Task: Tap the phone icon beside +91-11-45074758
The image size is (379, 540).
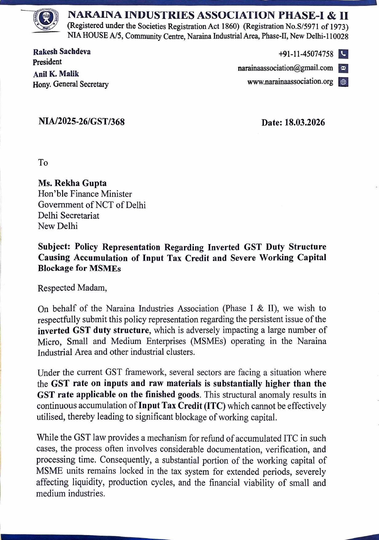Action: [343, 54]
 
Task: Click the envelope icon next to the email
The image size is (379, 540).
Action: [343, 68]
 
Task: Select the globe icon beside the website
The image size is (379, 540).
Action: [343, 82]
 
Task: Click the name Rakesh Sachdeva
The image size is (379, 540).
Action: [62, 51]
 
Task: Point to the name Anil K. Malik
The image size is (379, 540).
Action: [56, 74]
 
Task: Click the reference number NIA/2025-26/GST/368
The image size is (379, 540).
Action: [82, 122]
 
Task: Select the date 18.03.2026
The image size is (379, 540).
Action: [304, 122]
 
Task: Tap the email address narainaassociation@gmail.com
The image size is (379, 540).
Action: [285, 68]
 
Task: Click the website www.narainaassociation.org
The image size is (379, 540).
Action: [290, 82]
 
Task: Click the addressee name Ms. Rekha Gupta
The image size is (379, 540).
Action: [72, 183]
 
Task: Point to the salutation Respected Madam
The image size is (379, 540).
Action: [72, 288]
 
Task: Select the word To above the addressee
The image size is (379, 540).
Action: [43, 162]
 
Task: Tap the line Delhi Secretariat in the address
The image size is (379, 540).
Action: [68, 215]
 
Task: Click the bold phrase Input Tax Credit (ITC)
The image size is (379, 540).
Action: [182, 406]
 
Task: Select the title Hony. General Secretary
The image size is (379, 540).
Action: [70, 84]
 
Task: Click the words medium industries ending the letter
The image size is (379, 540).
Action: [70, 494]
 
